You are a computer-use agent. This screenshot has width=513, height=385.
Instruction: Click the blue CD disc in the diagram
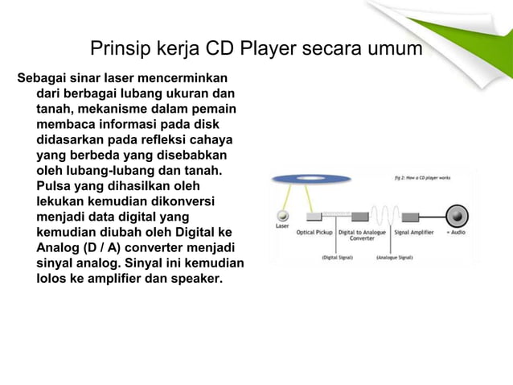pyautogui.click(x=310, y=180)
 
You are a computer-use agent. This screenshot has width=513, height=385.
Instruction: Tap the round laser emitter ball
pyautogui.click(x=282, y=216)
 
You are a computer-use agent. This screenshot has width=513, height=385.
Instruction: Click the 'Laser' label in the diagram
pyautogui.click(x=282, y=226)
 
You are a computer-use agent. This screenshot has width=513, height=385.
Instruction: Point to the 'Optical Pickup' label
pyautogui.click(x=314, y=232)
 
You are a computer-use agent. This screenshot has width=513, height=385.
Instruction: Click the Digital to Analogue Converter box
pyautogui.click(x=359, y=217)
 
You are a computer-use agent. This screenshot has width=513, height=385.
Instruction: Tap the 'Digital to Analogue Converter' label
pyautogui.click(x=362, y=235)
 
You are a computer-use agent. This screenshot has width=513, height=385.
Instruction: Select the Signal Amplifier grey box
pyautogui.click(x=410, y=217)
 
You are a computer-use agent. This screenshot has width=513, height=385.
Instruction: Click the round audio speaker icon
pyautogui.click(x=458, y=216)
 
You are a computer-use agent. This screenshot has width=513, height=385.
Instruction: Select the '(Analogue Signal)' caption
pyautogui.click(x=395, y=258)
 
